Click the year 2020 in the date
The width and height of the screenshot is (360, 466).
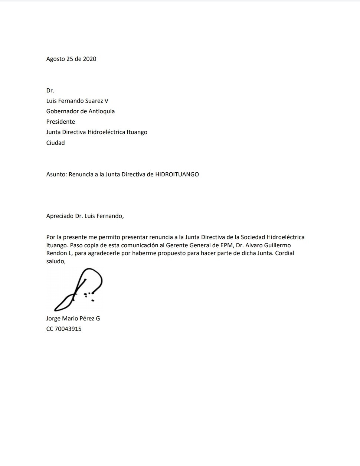pyautogui.click(x=89, y=59)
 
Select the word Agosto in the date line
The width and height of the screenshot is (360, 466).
pyautogui.click(x=55, y=59)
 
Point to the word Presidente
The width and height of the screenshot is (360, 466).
pyautogui.click(x=60, y=121)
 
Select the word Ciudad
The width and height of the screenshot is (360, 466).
pyautogui.click(x=55, y=143)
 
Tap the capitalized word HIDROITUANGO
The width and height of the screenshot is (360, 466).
pyautogui.click(x=177, y=174)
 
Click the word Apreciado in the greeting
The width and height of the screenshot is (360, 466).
pyautogui.click(x=60, y=216)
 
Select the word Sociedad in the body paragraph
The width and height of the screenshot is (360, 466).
pyautogui.click(x=253, y=237)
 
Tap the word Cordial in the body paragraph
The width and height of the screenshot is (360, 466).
pyautogui.click(x=285, y=253)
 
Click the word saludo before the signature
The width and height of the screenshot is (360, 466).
pyautogui.click(x=55, y=261)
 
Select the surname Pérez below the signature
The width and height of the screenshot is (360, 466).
pyautogui.click(x=87, y=318)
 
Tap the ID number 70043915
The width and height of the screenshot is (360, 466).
pyautogui.click(x=68, y=329)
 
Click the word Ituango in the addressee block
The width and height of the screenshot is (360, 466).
pyautogui.click(x=137, y=132)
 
